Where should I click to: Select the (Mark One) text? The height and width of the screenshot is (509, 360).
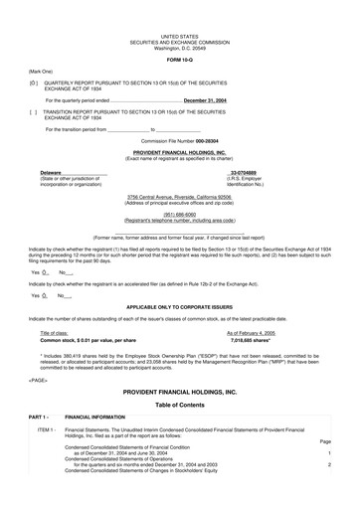41,72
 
